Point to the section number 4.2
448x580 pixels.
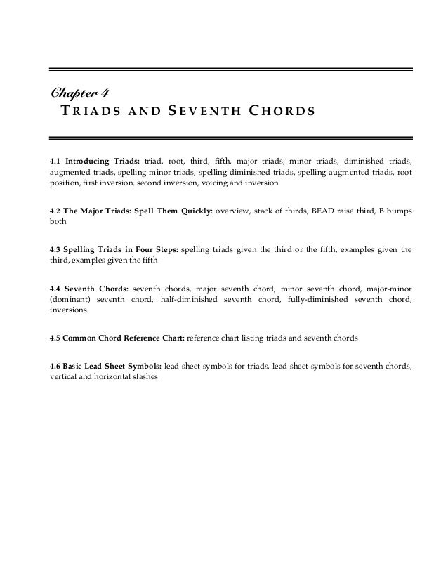pyautogui.click(x=55, y=210)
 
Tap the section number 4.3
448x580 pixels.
pyautogui.click(x=55, y=249)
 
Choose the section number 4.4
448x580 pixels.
pyautogui.click(x=55, y=289)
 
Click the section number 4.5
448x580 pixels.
pyautogui.click(x=55, y=338)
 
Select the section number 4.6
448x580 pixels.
pyautogui.click(x=55, y=366)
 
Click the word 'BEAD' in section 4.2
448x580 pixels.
pyautogui.click(x=319, y=210)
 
